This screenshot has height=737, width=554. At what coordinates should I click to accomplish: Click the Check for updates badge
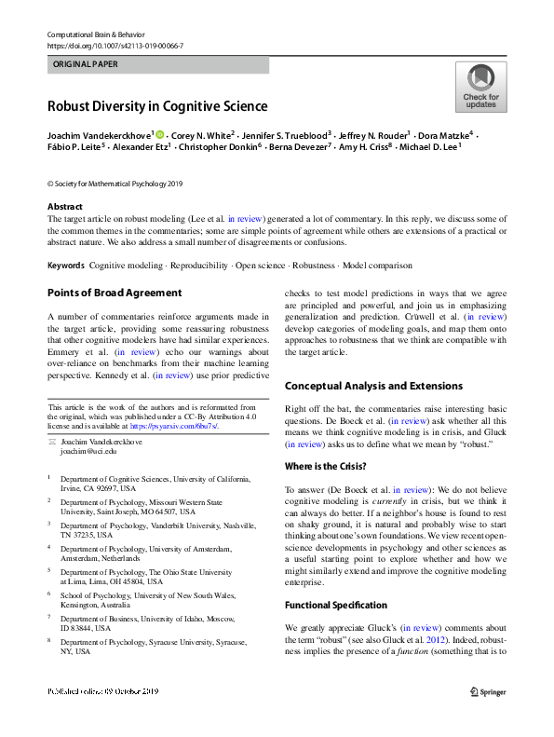[x=480, y=87]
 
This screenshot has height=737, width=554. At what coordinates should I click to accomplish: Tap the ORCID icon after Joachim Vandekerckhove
[x=158, y=135]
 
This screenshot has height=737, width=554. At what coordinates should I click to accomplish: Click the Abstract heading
[x=65, y=207]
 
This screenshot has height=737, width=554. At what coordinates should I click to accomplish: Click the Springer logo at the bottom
[x=486, y=691]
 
